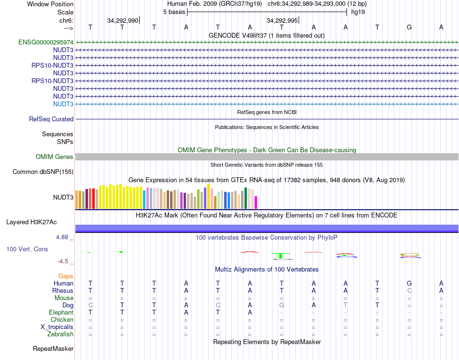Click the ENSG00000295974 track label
click(46, 43)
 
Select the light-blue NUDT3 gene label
click(63, 104)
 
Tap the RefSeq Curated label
click(51, 119)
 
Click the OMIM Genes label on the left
click(55, 157)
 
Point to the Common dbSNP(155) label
click(43, 172)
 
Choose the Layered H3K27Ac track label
click(31, 222)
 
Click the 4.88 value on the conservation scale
click(63, 237)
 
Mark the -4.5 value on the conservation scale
click(63, 261)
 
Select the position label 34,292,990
click(123, 20)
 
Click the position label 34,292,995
click(282, 20)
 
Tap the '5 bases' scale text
click(174, 12)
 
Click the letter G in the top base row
click(409, 28)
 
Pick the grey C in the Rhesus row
click(409, 291)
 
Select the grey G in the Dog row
click(282, 305)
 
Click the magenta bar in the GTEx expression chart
click(256, 202)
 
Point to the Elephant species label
click(61, 313)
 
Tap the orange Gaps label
click(66, 276)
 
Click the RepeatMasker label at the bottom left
click(53, 348)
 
